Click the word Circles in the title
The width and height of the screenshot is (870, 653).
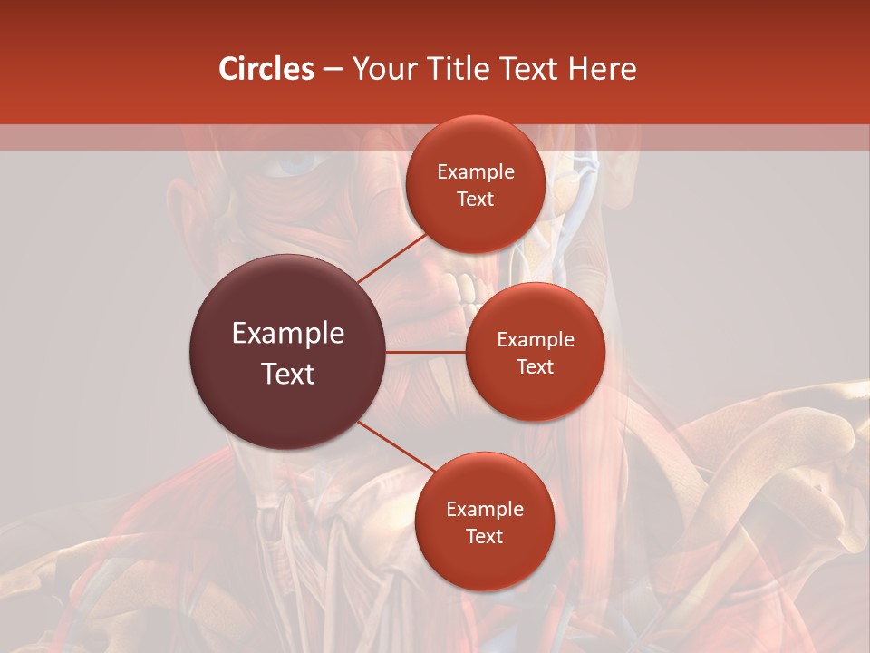pos(266,69)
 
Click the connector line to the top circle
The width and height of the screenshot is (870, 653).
pos(391,258)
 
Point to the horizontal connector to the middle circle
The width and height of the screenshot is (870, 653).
pos(426,352)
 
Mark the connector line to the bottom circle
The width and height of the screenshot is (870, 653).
pos(395,447)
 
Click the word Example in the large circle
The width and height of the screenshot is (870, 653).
pos(288,334)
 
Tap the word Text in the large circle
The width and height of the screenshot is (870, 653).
pos(288,374)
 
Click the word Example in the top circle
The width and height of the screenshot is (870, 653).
pos(476,172)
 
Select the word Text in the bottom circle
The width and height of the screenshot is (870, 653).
pos(484,537)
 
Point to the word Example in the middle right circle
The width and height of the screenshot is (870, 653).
pos(536,340)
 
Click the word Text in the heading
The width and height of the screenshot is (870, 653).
pos(524,69)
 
